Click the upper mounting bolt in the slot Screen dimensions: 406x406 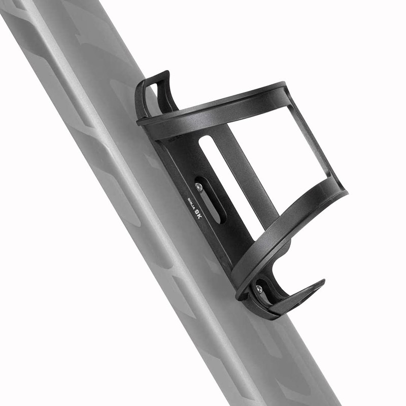tap(199, 187)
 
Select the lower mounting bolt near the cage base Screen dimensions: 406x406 tap(259, 289)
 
